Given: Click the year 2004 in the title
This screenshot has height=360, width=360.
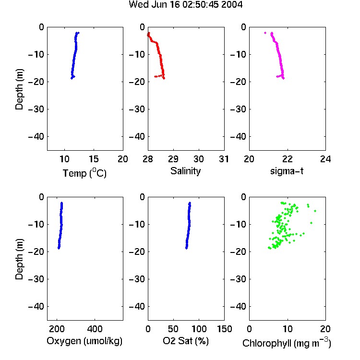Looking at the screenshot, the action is click(x=232, y=5).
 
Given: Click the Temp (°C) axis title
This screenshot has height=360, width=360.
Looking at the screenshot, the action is click(x=84, y=173).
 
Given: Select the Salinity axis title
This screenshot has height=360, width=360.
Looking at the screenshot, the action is click(x=185, y=171).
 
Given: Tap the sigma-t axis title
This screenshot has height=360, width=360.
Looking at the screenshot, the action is click(x=287, y=171).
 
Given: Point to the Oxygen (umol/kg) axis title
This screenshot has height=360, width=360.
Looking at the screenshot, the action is click(x=84, y=341).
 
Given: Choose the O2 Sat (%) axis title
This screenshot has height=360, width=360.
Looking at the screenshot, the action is click(x=186, y=341).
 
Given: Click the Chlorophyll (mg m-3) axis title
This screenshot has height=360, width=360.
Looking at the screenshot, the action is click(x=287, y=343).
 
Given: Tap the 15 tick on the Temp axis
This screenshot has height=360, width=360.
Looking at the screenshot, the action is click(x=94, y=159).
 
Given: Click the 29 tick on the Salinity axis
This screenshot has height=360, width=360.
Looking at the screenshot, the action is click(x=173, y=159).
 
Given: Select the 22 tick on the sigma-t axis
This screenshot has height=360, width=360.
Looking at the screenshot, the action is click(x=287, y=159).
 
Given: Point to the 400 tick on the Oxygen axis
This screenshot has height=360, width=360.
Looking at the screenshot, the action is click(x=95, y=329).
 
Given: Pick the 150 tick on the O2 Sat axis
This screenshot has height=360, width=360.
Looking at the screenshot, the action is click(x=224, y=329).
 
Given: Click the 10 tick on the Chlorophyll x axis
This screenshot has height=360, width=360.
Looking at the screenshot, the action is click(x=287, y=329).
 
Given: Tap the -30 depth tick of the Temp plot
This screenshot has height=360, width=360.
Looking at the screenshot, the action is click(x=36, y=109).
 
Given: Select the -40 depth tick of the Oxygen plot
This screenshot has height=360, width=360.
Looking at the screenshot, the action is click(x=36, y=307).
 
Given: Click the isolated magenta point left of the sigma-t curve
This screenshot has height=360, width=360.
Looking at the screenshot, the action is click(x=265, y=33).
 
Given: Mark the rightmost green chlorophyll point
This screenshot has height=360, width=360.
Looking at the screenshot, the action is click(x=315, y=211).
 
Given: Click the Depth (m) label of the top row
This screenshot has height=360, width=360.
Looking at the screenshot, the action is click(x=19, y=89).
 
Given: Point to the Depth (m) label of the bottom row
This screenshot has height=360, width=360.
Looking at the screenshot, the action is click(x=19, y=259).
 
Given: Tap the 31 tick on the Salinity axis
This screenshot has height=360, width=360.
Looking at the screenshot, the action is click(x=224, y=159).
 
